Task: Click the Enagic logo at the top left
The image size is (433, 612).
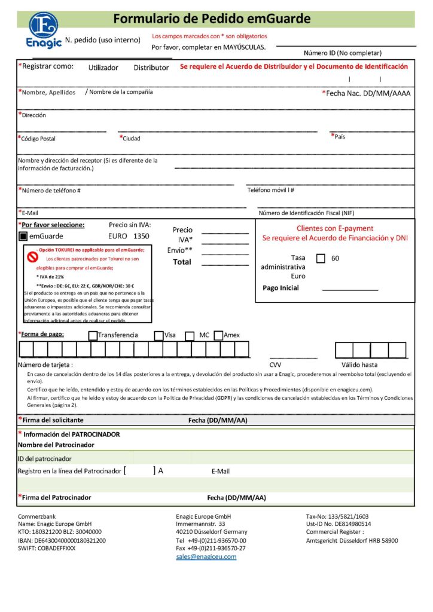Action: (x=43, y=29)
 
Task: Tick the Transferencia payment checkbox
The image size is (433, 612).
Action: (x=93, y=335)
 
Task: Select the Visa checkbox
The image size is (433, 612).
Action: (x=158, y=335)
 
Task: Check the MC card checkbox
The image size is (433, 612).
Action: (x=190, y=335)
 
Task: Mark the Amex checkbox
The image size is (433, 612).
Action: (x=218, y=335)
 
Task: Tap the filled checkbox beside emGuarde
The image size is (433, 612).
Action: (x=23, y=236)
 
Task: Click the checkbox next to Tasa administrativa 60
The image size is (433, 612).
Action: (x=321, y=258)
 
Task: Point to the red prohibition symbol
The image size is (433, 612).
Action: (x=33, y=256)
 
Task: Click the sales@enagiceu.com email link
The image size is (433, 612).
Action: (x=206, y=556)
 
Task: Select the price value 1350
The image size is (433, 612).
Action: (x=141, y=236)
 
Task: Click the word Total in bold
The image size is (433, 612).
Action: (x=182, y=262)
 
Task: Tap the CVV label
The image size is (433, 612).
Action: (x=275, y=365)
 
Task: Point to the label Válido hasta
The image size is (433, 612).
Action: (x=359, y=365)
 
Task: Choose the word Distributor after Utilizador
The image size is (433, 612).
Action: (x=151, y=68)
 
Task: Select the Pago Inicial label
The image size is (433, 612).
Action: (x=280, y=288)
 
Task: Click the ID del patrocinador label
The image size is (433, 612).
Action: (x=45, y=458)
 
